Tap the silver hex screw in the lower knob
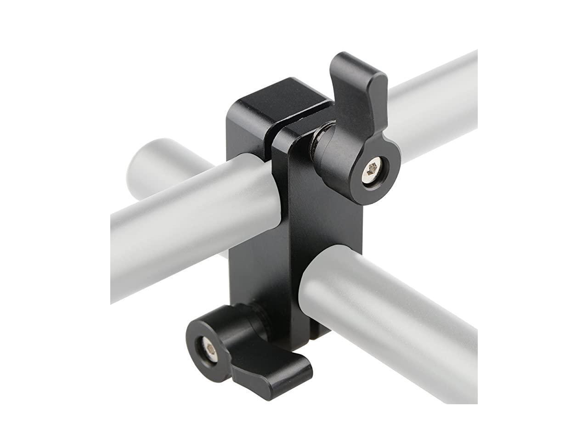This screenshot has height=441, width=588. coord(209,351)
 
